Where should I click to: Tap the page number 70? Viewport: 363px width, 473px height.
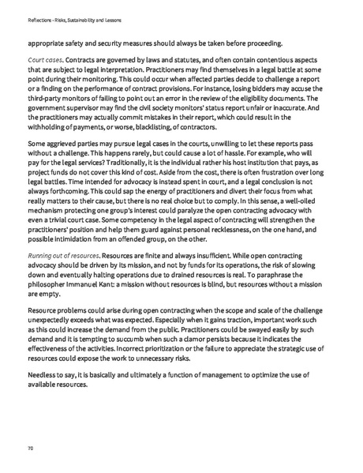pyautogui.click(x=30, y=448)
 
